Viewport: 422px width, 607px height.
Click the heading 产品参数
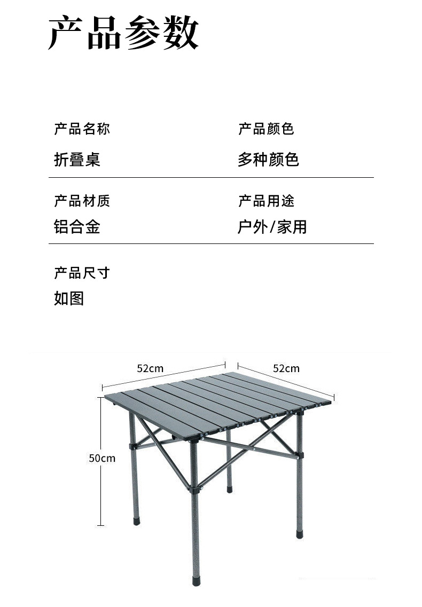[x=123, y=33]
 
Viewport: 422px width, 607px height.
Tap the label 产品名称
[x=82, y=129]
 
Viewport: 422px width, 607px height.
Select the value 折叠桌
[x=77, y=159]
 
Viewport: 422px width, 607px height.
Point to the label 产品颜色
[x=266, y=129]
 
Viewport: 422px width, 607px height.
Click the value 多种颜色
[x=268, y=159]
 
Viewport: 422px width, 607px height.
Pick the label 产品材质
[x=82, y=201]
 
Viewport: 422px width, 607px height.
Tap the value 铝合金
[x=77, y=227]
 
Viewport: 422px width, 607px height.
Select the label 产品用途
[x=266, y=201]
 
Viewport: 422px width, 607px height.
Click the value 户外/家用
[x=272, y=227]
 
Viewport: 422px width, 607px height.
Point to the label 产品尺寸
[x=82, y=273]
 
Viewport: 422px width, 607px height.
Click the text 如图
[x=69, y=298]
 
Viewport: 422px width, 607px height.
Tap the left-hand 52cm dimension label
[x=150, y=368]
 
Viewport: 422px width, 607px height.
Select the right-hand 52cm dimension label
[x=286, y=368]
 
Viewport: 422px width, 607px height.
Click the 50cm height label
[x=102, y=458]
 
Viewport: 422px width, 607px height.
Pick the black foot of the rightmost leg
[x=299, y=532]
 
